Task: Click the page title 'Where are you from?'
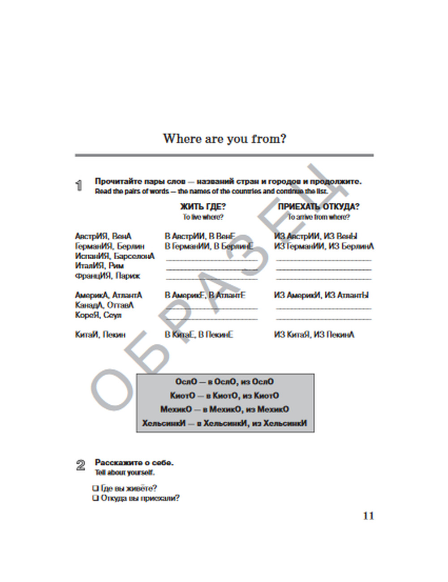[x=224, y=139]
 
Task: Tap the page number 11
[x=368, y=516]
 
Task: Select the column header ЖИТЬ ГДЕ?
[x=203, y=207]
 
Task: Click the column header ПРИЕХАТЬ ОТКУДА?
[x=319, y=207]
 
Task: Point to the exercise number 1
[x=79, y=186]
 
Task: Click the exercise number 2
[x=81, y=466]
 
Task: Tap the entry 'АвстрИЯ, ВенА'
[x=103, y=236]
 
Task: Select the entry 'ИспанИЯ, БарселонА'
[x=115, y=256]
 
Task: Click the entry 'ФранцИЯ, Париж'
[x=108, y=276]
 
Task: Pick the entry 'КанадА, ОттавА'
[x=104, y=305]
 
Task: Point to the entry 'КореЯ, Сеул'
[x=98, y=315]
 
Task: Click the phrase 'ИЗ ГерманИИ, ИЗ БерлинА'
[x=324, y=246]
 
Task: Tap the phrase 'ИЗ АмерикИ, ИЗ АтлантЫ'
[x=321, y=295]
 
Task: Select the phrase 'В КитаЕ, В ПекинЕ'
[x=199, y=335]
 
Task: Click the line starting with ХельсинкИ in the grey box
[x=225, y=424]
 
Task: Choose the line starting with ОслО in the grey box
[x=224, y=382]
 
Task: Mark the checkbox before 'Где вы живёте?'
[x=95, y=488]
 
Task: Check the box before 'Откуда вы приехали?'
[x=95, y=498]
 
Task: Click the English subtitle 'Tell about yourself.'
[x=125, y=473]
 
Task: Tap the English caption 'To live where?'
[x=203, y=217]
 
